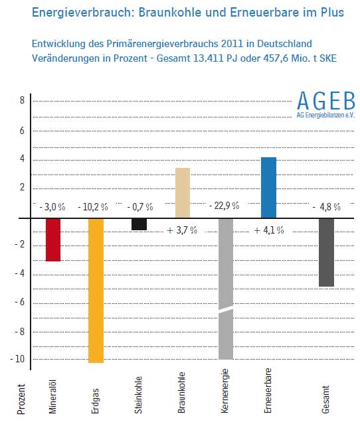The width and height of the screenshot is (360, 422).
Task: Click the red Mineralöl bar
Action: [x=53, y=240]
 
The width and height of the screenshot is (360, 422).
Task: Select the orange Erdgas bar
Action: [x=96, y=291]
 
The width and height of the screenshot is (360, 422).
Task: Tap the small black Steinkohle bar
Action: [x=139, y=224]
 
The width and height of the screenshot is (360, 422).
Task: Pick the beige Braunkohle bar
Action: [x=183, y=192]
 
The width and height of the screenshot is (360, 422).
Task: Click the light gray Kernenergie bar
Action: [x=226, y=289]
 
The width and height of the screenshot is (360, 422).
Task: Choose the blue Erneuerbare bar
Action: [x=268, y=188]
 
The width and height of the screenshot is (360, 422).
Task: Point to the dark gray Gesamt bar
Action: [x=326, y=252]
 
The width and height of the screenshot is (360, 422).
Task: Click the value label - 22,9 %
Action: [x=225, y=206]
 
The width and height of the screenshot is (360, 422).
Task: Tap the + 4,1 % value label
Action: [x=268, y=230]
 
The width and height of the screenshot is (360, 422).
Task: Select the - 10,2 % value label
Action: [x=93, y=207]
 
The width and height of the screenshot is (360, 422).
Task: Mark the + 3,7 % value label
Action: [x=182, y=230]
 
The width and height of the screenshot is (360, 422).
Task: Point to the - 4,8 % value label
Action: [x=327, y=207]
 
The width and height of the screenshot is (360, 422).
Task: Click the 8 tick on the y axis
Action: [x=22, y=100]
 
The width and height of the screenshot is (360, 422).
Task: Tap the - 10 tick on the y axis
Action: [x=17, y=359]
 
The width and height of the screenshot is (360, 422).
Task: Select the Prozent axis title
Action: [x=21, y=399]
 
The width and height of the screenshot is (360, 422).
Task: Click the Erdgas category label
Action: [x=96, y=401]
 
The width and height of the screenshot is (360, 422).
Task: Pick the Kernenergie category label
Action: [x=225, y=391]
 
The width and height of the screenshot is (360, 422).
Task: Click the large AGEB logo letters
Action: [x=326, y=101]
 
